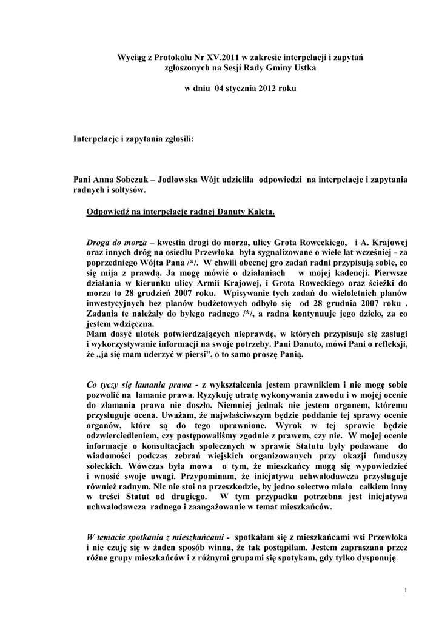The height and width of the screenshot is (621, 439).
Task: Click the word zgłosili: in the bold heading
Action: pos(177,140)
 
